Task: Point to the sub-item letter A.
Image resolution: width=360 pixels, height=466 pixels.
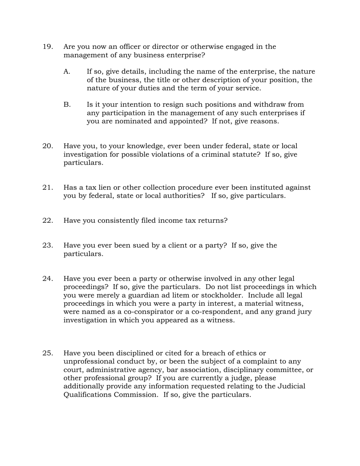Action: click(x=67, y=72)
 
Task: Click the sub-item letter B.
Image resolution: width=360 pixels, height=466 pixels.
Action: click(x=67, y=105)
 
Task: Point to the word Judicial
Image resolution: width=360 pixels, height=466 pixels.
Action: click(x=291, y=386)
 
